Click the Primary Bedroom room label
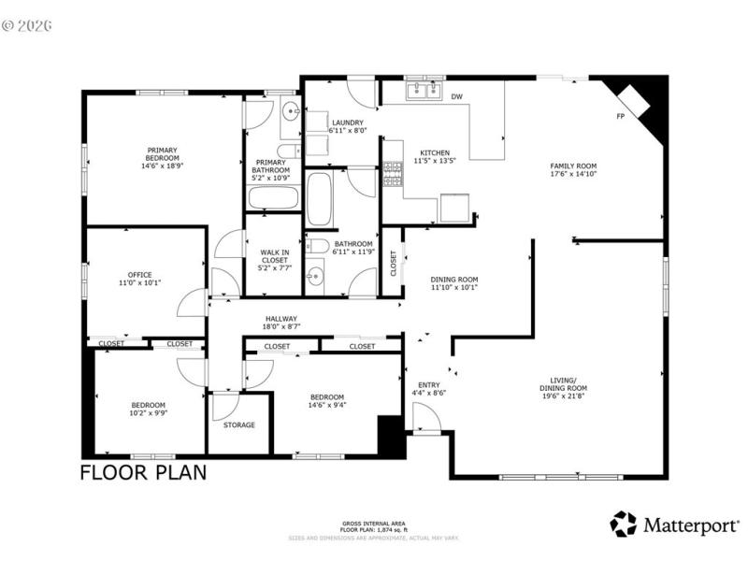(x=161, y=154)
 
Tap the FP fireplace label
(x=620, y=117)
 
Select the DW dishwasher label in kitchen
(x=457, y=96)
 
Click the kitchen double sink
(x=424, y=91)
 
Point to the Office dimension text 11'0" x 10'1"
(x=140, y=283)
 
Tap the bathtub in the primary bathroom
(x=273, y=198)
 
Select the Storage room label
(x=238, y=424)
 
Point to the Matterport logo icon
(x=623, y=524)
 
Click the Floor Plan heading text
(x=143, y=472)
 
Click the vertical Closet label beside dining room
(x=393, y=265)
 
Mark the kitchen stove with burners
(x=393, y=174)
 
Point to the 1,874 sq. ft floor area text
(x=374, y=530)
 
